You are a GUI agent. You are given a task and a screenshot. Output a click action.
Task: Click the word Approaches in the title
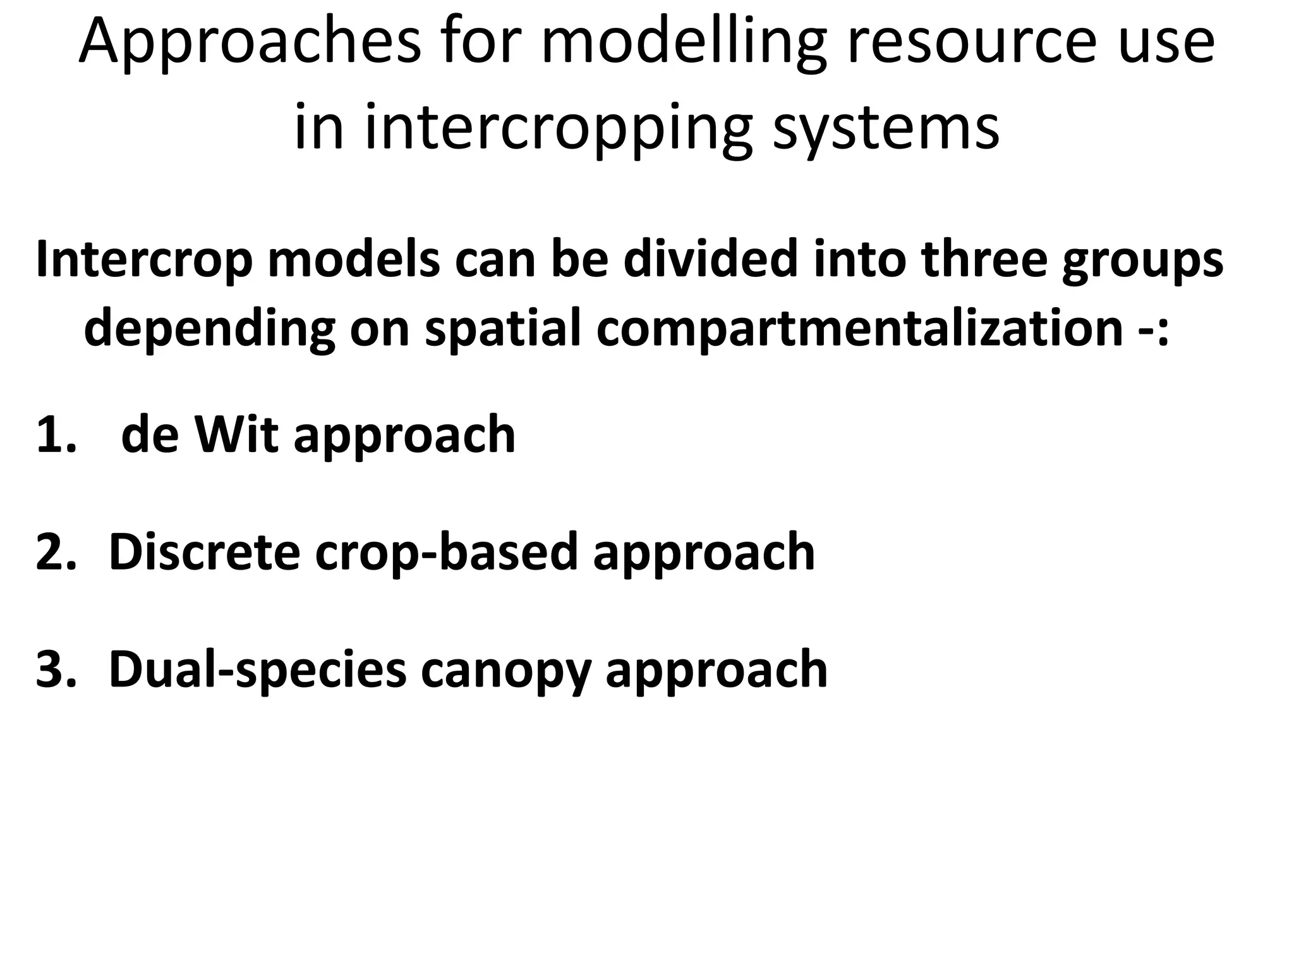(250, 43)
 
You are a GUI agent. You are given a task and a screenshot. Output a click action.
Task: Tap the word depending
(209, 329)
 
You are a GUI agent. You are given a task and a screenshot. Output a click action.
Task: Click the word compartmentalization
(859, 329)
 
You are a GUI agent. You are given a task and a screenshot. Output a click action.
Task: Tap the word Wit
(236, 435)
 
